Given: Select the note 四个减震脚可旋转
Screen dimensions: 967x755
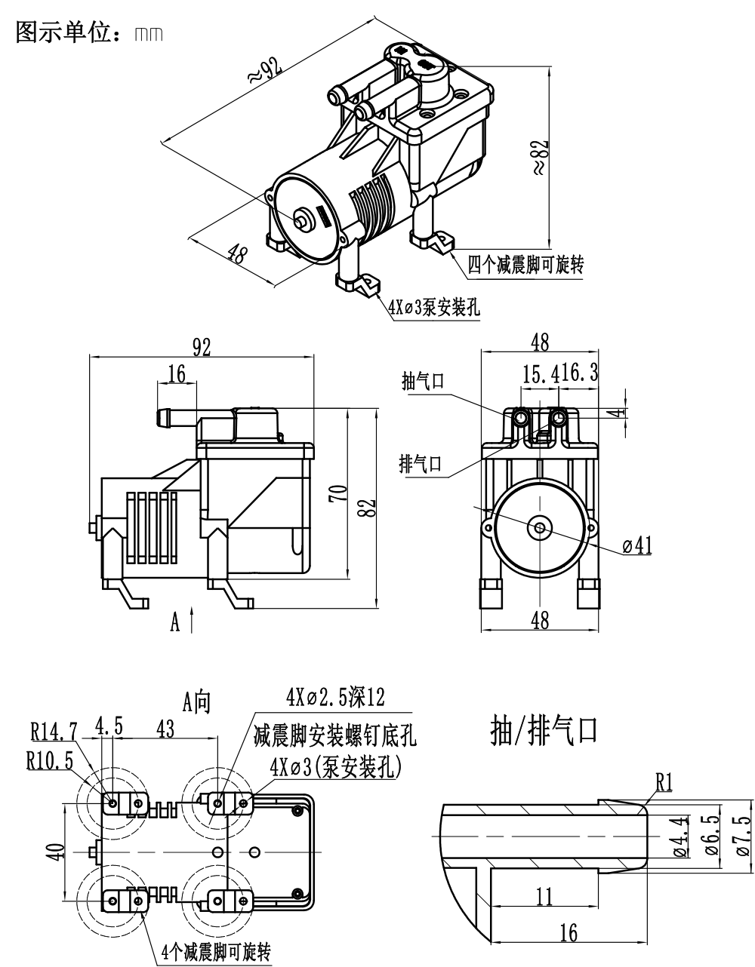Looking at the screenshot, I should (x=525, y=265).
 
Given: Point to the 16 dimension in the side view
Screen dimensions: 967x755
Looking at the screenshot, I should (x=177, y=374).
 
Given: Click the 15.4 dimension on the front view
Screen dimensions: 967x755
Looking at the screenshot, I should (x=537, y=373).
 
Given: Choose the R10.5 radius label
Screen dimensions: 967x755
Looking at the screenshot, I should (x=49, y=761).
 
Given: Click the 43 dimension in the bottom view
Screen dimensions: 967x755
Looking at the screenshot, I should (x=165, y=729).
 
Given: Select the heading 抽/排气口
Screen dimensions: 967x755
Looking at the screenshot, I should (x=544, y=731).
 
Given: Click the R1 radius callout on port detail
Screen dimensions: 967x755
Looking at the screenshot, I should (x=664, y=783).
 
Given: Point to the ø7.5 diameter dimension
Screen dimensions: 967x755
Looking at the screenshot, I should (x=743, y=837).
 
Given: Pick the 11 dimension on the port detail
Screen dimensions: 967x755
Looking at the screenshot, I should (x=544, y=897).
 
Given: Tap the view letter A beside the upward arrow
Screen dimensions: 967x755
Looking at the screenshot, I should (x=175, y=623).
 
